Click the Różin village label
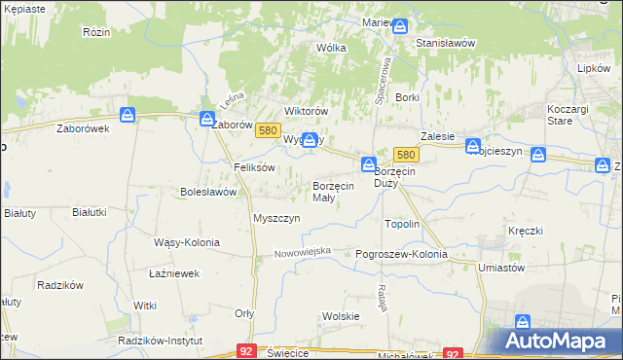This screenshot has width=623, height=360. [x=95, y=31]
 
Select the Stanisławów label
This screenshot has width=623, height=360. [x=445, y=44]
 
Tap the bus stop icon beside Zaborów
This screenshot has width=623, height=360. [x=206, y=120]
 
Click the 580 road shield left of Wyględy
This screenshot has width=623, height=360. [x=271, y=130]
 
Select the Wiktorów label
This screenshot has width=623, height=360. [x=303, y=111]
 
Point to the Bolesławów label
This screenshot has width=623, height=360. [x=208, y=193]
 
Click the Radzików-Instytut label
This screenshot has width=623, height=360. [x=159, y=342]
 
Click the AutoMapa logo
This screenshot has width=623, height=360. [x=559, y=341]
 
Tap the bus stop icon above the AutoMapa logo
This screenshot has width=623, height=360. [x=523, y=322]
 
